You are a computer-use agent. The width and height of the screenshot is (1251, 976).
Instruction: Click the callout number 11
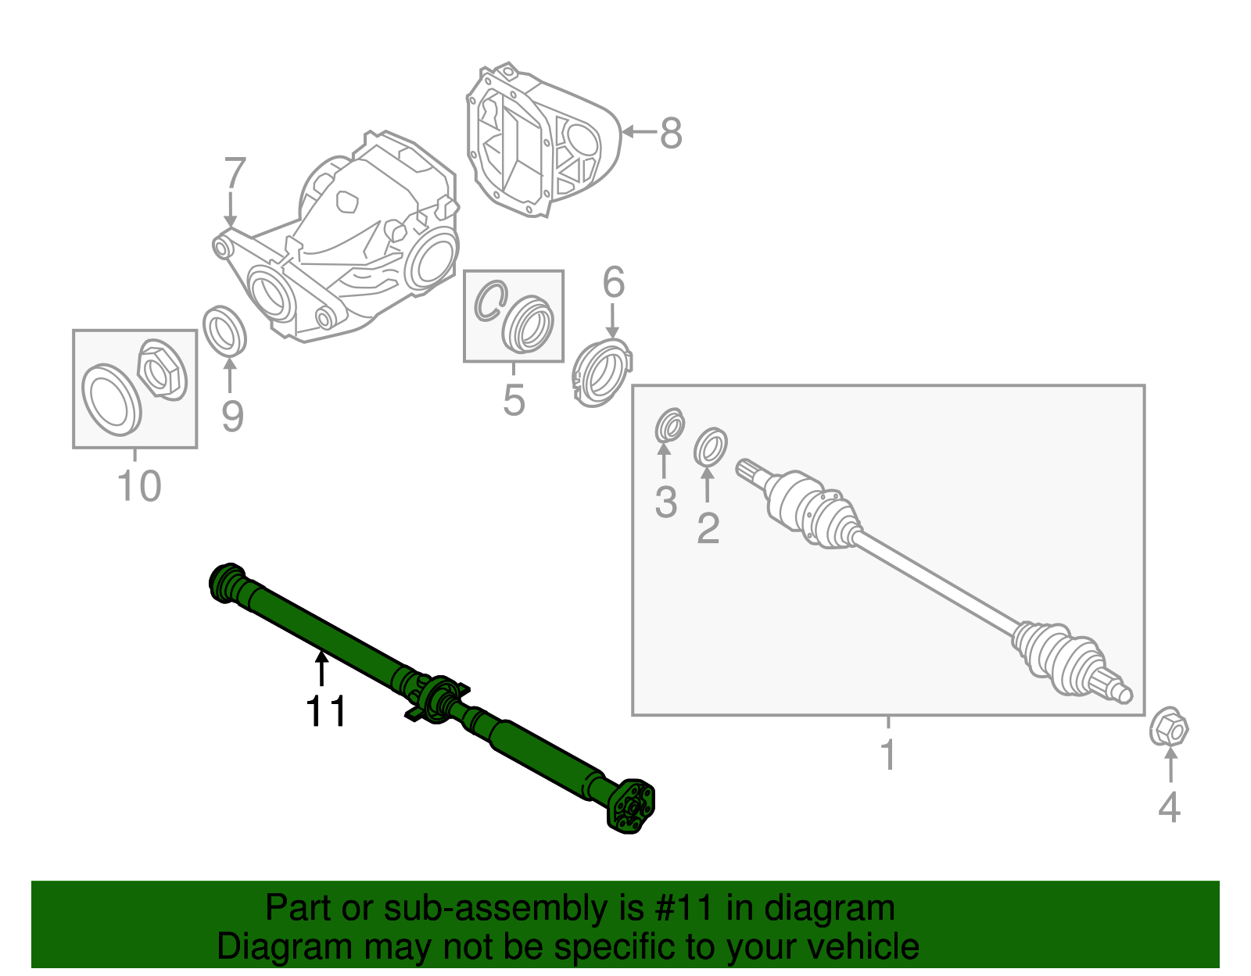[x=326, y=711]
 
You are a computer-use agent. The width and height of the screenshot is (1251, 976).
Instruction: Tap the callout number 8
[x=671, y=134]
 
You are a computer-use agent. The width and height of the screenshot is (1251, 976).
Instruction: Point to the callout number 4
[x=1169, y=807]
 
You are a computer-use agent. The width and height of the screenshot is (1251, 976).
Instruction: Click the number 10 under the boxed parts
[x=138, y=486]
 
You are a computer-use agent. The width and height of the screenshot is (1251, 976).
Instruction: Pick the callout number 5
[x=514, y=400]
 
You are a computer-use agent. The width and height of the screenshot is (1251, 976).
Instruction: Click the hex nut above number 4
[x=1169, y=729]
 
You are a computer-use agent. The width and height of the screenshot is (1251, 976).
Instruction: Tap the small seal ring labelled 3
[x=669, y=426]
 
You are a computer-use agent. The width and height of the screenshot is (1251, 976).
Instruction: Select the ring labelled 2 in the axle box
[x=710, y=445]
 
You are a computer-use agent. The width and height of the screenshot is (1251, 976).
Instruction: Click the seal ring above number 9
[x=224, y=331]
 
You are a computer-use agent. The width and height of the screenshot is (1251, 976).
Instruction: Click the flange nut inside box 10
[x=162, y=370]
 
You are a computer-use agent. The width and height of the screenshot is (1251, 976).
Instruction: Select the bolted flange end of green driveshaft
[x=631, y=807]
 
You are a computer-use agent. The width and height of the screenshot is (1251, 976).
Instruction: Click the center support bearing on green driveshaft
[x=439, y=698]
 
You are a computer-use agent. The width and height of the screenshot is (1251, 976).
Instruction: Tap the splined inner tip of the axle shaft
[x=747, y=469]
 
